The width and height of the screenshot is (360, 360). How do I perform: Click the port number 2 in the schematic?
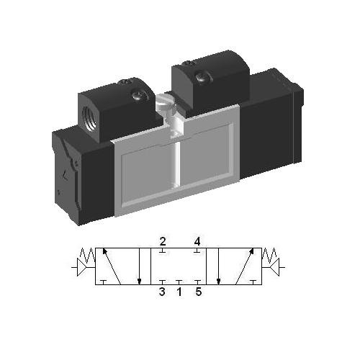pyautogui.click(x=163, y=240)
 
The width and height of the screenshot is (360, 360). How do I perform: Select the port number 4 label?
pyautogui.click(x=197, y=240)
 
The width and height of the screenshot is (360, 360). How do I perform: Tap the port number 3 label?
pyautogui.click(x=163, y=292)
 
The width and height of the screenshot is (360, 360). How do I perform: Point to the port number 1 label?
pyautogui.click(x=179, y=292)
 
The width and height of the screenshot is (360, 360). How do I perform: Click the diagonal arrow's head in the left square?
pyautogui.click(x=106, y=252)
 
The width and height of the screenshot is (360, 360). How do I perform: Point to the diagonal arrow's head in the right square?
pyautogui.click(x=253, y=252)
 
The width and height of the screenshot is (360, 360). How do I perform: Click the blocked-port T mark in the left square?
pyautogui.click(x=104, y=282)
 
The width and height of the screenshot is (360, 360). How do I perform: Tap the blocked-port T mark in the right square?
pyautogui.click(x=253, y=282)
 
